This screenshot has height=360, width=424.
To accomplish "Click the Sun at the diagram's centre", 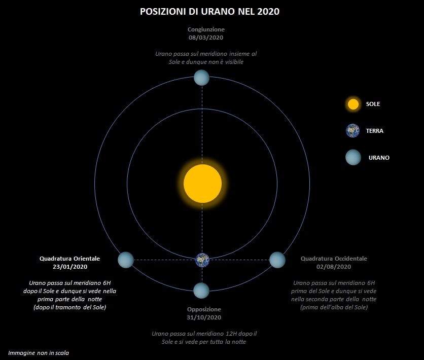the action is (x=202, y=184).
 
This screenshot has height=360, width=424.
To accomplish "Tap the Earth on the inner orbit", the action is (x=202, y=260).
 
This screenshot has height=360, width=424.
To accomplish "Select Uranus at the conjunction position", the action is (x=202, y=78).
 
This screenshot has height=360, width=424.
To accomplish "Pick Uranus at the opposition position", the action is (x=201, y=291).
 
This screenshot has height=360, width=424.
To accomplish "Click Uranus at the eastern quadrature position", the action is (x=126, y=260).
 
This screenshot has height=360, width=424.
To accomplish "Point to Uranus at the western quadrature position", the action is (x=277, y=260).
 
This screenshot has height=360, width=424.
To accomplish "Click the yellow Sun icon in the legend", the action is (x=353, y=104).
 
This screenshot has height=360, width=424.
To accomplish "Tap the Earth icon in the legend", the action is (x=353, y=130).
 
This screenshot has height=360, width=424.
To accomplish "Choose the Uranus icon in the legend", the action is (x=353, y=157).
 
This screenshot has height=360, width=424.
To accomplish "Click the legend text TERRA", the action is (x=374, y=131).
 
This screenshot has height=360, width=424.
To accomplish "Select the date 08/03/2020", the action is (x=206, y=38).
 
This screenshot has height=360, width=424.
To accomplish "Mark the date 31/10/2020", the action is (x=204, y=317).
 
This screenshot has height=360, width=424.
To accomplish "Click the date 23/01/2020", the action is (x=70, y=267).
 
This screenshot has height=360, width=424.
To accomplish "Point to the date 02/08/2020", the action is (x=334, y=267).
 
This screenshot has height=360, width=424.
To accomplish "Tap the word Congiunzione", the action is (x=206, y=29).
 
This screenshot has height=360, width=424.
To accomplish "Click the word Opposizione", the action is (x=204, y=309).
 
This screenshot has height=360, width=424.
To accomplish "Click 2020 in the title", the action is (x=268, y=12).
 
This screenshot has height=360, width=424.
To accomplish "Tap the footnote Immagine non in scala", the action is (x=39, y=353).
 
